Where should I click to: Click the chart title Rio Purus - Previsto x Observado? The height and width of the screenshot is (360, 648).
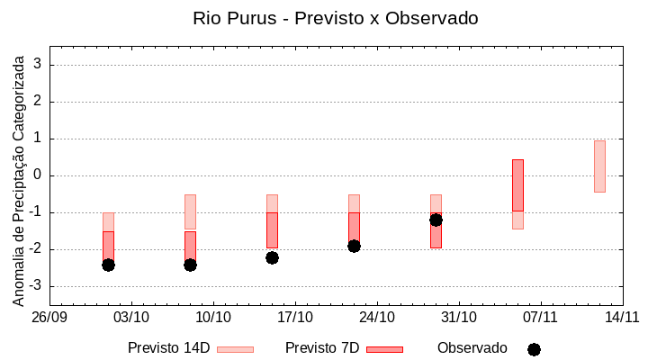point(335,18)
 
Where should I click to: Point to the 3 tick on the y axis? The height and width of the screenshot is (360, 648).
point(39,64)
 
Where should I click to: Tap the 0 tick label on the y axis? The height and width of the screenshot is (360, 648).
point(39,175)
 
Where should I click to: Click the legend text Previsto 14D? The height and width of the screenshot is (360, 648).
point(168,348)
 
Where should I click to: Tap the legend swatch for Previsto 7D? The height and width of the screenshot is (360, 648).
point(384,349)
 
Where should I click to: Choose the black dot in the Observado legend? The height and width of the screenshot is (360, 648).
point(534,349)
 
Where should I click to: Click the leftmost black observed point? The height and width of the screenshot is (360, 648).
point(108,265)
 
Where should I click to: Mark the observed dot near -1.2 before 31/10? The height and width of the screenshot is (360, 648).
point(436,220)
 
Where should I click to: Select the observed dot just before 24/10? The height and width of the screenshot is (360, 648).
point(354,246)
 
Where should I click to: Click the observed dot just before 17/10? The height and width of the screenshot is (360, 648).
point(272,257)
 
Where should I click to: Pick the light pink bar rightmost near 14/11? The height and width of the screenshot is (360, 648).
point(599,166)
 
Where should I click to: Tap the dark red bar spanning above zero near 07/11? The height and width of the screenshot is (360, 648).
point(517,184)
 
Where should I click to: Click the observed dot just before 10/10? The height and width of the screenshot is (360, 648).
point(190,265)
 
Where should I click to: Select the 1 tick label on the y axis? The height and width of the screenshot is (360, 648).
point(39,139)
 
